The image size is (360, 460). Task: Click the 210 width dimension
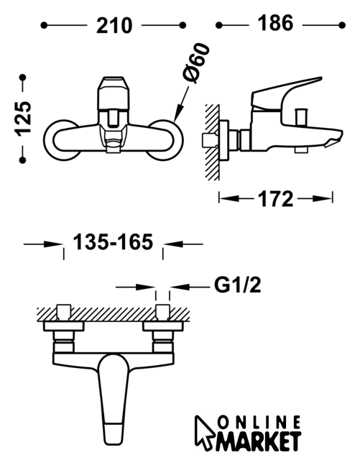coord(114,26)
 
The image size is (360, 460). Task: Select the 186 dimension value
coord(275,23)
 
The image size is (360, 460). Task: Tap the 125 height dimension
coord(23,119)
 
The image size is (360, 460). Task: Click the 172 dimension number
coord(275,199)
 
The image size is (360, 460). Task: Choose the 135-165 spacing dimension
coord(113,242)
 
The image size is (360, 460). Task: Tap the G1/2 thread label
coord(238,285)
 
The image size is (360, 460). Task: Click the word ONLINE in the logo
coord(259,423)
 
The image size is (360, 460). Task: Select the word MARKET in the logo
coord(259,441)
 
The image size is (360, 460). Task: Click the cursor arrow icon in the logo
coord(204,431)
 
